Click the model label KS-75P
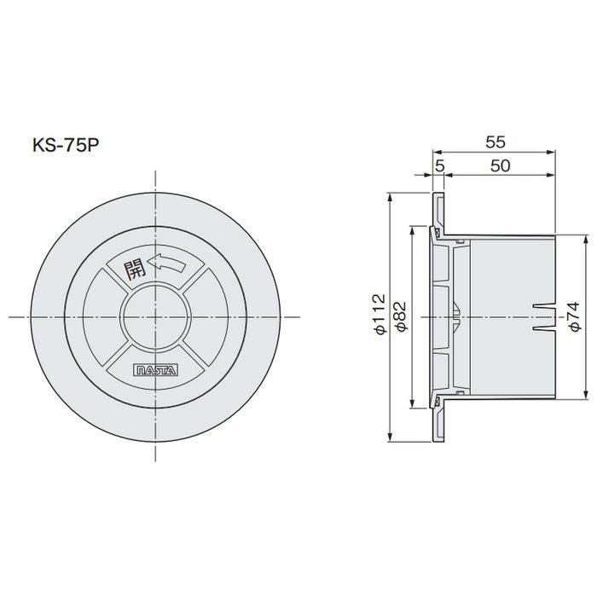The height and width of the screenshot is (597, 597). (66, 145)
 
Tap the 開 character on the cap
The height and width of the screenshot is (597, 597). (134, 270)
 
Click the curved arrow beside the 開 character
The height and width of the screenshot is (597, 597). (167, 263)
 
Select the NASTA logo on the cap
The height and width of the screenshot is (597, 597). (156, 370)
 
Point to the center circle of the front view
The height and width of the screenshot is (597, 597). (155, 316)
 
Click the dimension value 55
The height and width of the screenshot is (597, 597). (496, 142)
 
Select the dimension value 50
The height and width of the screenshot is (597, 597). (500, 165)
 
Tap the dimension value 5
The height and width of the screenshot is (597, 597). (440, 165)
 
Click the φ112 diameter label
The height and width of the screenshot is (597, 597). (380, 315)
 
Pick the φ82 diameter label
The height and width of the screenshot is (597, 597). (401, 316)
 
